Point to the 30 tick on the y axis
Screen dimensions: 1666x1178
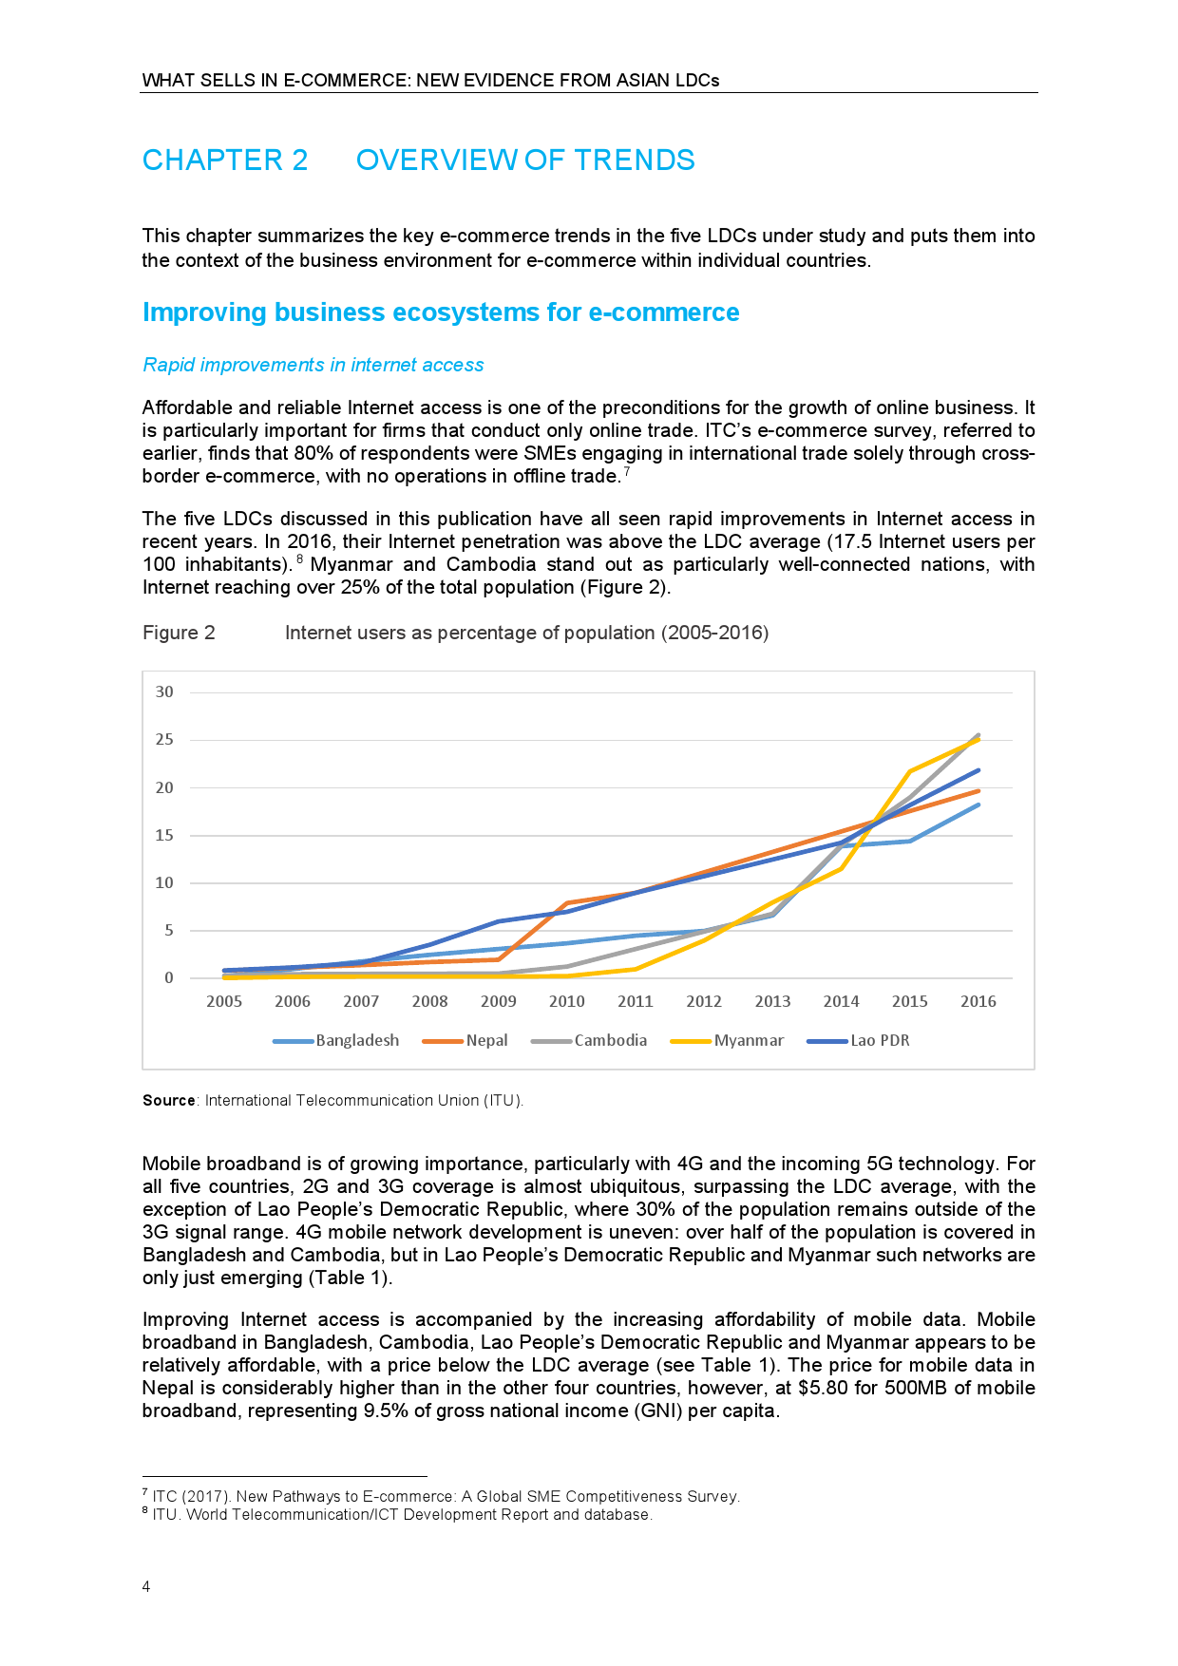(x=165, y=692)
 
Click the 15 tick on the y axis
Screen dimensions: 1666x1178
(x=165, y=836)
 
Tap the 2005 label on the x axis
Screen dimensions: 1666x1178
(x=224, y=1001)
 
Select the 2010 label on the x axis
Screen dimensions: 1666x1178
(x=567, y=1001)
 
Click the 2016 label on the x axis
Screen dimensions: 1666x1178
(x=978, y=1001)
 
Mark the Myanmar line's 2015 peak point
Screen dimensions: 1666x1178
(x=910, y=770)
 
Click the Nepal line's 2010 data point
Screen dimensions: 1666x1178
(x=567, y=902)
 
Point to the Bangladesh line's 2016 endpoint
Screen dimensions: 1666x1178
(x=978, y=805)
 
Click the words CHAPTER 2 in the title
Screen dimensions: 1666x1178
(x=225, y=161)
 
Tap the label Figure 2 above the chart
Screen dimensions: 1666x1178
(x=179, y=633)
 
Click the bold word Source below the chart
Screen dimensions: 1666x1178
(x=168, y=1101)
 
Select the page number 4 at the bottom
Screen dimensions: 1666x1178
(x=146, y=1587)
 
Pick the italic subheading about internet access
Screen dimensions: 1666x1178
(x=313, y=365)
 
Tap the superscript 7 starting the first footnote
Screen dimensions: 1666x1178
(x=144, y=1493)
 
